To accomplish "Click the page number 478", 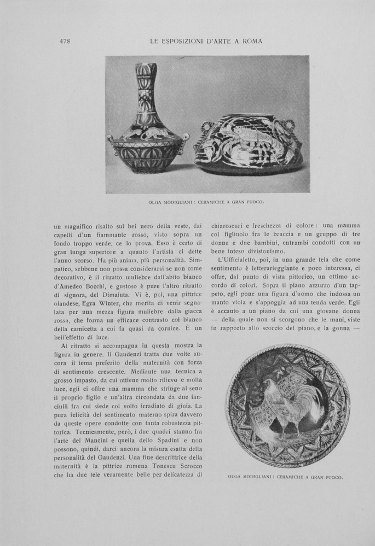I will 65,41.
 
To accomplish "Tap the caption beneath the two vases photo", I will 206,202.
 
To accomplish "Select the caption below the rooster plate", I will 285,477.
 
